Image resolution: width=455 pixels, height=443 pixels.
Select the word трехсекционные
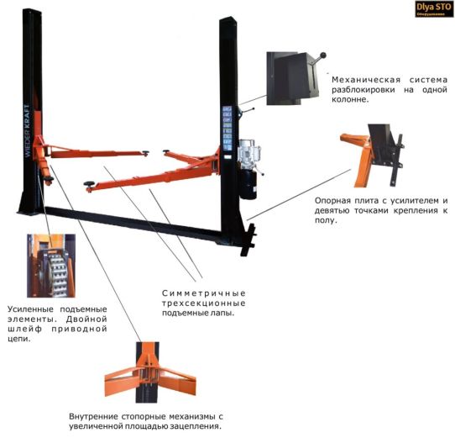click(204, 303)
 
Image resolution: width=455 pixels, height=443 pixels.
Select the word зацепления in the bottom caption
click(195, 426)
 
